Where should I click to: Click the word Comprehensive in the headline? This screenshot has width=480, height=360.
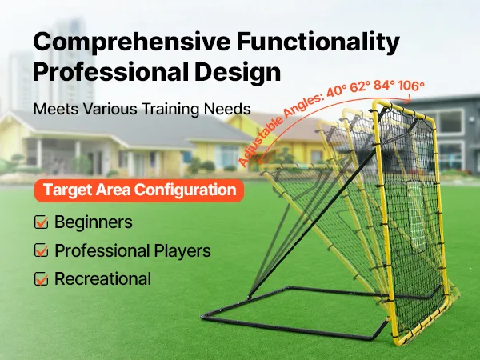(132, 42)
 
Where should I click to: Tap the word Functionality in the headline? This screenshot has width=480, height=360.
(318, 42)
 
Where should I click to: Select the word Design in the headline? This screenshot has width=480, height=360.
(238, 73)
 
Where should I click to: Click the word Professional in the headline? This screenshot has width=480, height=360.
(111, 71)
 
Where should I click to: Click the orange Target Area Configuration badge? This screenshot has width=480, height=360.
(139, 190)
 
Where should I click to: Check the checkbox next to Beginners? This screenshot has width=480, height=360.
(41, 222)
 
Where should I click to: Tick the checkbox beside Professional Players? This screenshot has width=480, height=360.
(41, 250)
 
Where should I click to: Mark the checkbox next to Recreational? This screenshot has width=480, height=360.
(41, 279)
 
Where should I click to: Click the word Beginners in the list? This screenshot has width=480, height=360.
(94, 222)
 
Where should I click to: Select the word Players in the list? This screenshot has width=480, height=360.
(182, 250)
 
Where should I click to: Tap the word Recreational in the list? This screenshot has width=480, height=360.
(103, 279)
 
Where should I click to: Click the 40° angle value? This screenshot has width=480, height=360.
(337, 92)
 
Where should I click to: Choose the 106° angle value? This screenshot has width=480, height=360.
(411, 86)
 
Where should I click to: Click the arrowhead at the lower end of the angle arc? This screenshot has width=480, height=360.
(260, 160)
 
